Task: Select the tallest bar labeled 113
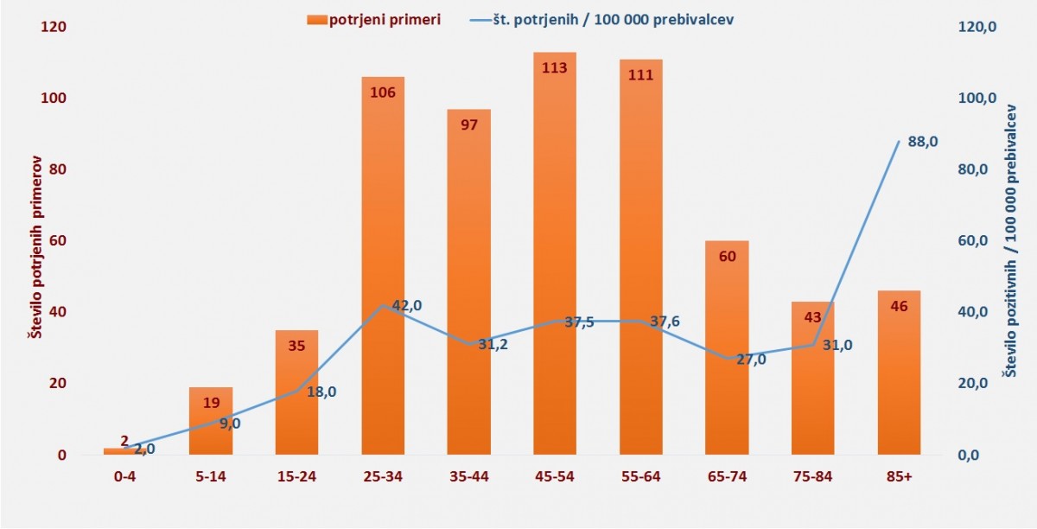click(x=555, y=259)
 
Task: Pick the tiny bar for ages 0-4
click(x=124, y=451)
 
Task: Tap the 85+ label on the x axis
click(x=899, y=475)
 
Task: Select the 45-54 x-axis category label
click(x=555, y=475)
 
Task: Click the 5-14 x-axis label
click(x=211, y=475)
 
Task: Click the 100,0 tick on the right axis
click(x=982, y=99)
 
